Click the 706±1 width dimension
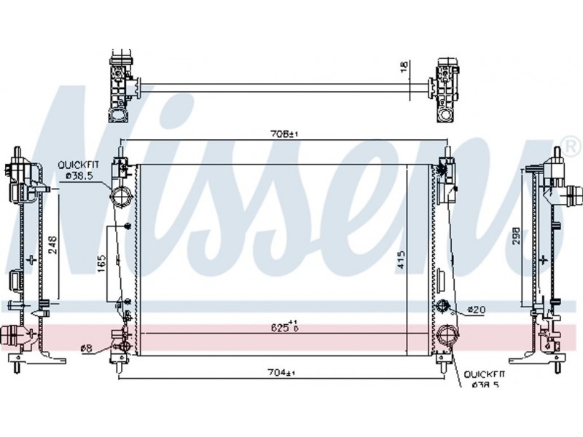click(284, 134)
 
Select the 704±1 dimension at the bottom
click(283, 372)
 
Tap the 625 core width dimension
click(285, 326)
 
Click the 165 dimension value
click(101, 264)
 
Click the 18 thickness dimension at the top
click(404, 66)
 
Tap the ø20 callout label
click(477, 309)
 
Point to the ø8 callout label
click(86, 348)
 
